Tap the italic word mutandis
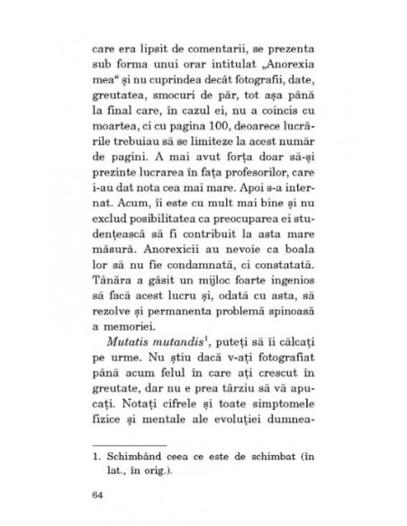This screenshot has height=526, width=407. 186,342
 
